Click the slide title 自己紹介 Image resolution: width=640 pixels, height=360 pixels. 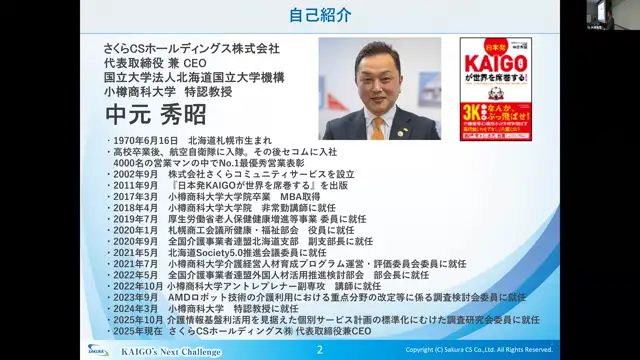coord(319,16)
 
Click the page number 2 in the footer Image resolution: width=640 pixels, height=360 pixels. coord(320,350)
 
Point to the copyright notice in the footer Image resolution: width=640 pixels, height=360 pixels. coord(493,350)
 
